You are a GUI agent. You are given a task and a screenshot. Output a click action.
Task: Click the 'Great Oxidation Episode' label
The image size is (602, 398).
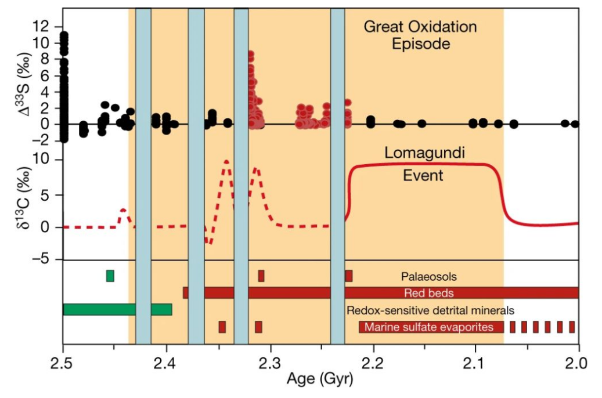420,35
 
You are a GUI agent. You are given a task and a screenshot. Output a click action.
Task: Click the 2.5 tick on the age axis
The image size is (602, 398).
63,366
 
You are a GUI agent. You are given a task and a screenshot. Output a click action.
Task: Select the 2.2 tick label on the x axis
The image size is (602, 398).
373,366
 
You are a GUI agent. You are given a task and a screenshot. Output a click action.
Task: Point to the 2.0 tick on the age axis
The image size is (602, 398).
579,366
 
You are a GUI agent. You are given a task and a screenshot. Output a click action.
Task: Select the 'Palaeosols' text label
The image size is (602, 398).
425,277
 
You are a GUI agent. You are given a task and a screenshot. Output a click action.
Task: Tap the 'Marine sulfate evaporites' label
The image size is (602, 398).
430,327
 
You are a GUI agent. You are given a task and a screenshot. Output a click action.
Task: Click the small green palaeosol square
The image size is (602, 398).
110,276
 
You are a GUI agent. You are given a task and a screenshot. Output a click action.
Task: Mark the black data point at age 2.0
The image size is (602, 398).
575,124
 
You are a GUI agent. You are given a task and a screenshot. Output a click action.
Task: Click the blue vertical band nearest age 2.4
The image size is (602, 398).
143,174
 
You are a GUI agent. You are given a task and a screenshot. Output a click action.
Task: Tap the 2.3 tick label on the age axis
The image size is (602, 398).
270,366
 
